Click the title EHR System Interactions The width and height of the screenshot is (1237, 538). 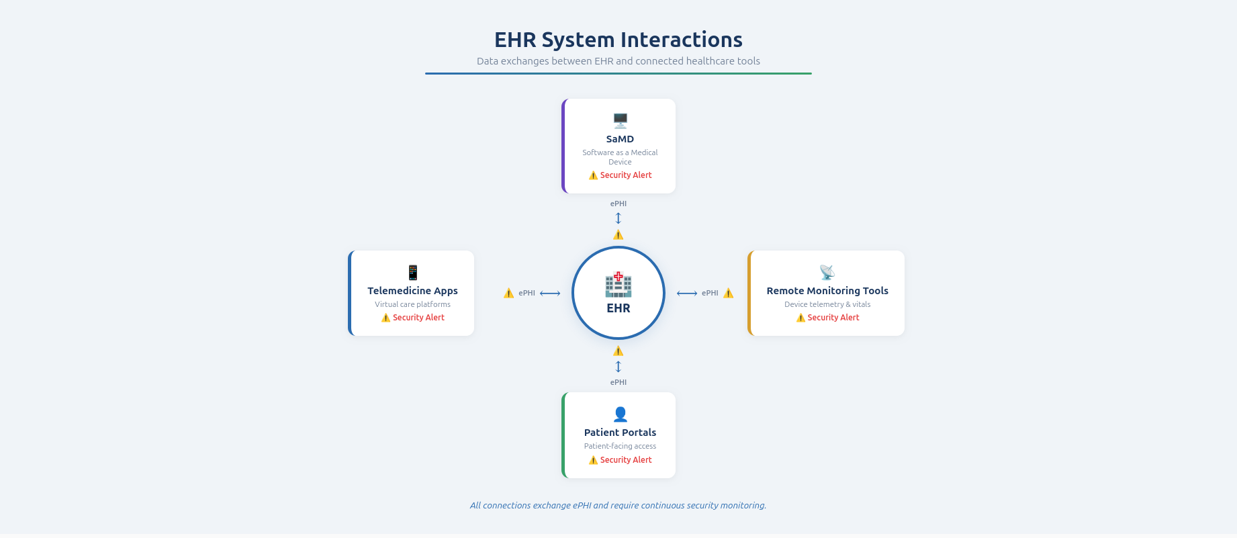618,40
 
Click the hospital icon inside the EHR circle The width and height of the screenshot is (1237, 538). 618,285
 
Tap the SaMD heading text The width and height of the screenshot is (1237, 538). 620,139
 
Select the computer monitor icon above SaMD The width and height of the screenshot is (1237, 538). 620,121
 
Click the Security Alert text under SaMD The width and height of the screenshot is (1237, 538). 625,175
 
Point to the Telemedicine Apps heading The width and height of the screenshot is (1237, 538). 412,291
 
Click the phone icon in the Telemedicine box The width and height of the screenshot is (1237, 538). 413,272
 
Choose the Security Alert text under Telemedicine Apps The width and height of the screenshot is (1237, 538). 418,318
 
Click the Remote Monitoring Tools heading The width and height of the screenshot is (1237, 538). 827,291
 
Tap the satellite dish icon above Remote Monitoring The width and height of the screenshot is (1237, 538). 827,272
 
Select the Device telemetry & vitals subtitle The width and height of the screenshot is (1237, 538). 827,304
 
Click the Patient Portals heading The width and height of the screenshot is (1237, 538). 620,433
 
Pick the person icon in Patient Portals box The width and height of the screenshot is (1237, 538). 620,414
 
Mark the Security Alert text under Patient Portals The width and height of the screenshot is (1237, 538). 625,460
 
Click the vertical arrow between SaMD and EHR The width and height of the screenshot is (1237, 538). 618,218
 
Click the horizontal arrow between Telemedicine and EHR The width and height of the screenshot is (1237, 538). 550,294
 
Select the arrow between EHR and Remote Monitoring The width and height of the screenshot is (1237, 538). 687,294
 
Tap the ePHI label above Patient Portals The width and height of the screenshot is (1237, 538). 618,382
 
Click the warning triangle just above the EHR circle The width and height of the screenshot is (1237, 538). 618,234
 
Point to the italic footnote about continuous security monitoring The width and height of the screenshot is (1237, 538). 618,506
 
